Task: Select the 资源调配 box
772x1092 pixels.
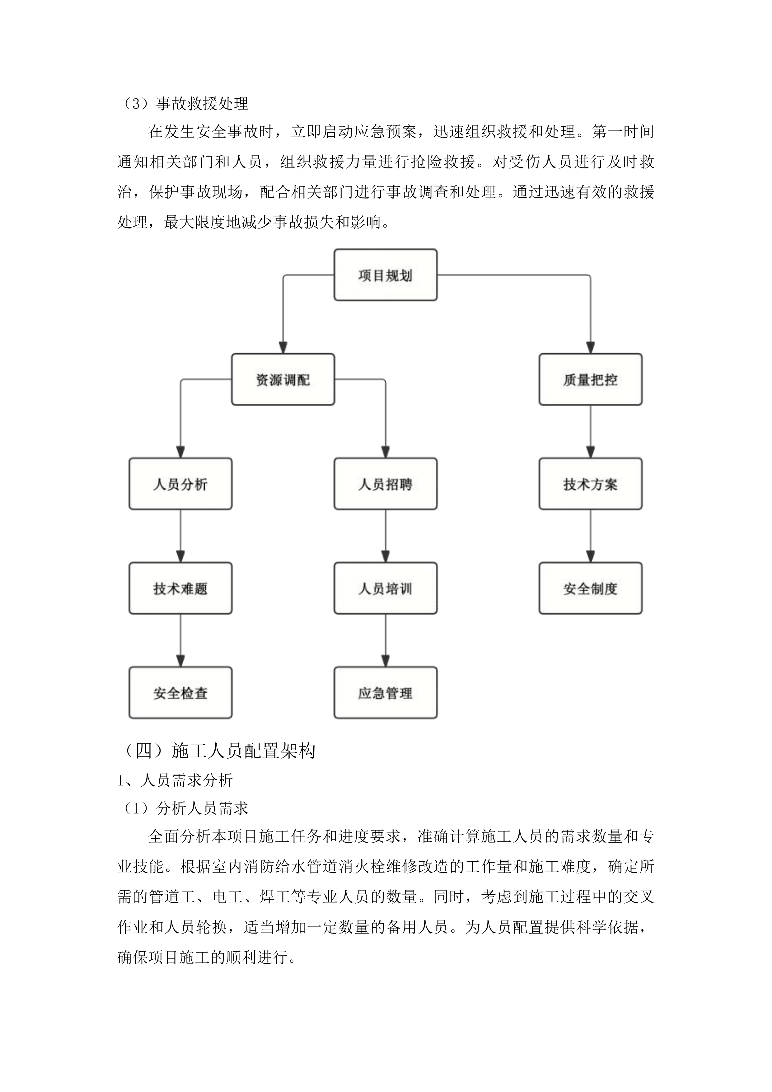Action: pyautogui.click(x=283, y=379)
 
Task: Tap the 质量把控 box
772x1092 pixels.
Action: pyautogui.click(x=590, y=379)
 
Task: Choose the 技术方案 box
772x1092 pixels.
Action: pyautogui.click(x=590, y=484)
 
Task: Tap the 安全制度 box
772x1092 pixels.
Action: pyautogui.click(x=590, y=588)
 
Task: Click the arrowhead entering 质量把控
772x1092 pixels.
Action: pyautogui.click(x=590, y=347)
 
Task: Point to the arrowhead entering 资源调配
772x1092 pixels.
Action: pyautogui.click(x=283, y=347)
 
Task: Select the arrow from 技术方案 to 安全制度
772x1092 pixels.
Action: pyautogui.click(x=590, y=536)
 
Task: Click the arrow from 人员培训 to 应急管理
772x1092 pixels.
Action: pyautogui.click(x=386, y=641)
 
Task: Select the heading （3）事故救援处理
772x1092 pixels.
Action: pyautogui.click(x=186, y=103)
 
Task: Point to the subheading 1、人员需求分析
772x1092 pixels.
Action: pyautogui.click(x=175, y=780)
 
